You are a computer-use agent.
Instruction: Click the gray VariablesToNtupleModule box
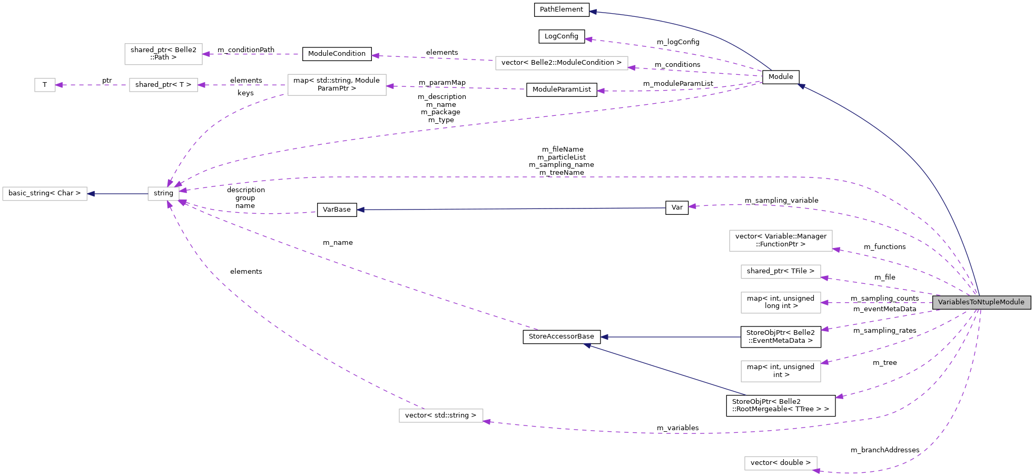981,302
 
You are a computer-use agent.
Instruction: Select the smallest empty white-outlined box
45,85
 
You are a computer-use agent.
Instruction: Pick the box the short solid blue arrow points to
45,194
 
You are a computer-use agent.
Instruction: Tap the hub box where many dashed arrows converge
163,194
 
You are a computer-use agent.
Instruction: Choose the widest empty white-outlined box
562,63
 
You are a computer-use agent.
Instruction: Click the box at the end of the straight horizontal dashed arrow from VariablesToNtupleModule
781,303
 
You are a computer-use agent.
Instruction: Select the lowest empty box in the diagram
781,463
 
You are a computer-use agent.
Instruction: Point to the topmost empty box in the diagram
163,54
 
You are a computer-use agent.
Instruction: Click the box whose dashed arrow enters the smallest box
163,85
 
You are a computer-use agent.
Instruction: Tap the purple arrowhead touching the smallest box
59,85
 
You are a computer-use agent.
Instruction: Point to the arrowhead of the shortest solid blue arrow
91,194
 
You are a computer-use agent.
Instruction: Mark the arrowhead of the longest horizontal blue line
361,210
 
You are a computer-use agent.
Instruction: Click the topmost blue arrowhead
593,12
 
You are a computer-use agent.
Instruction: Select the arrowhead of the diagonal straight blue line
587,345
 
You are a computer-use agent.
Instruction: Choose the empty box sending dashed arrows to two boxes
337,85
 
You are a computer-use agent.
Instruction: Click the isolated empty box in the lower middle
441,415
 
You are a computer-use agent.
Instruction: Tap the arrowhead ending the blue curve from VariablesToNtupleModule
801,86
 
